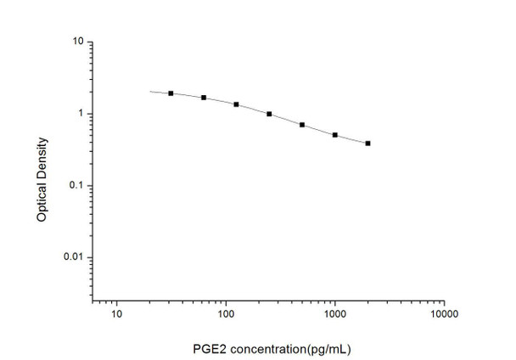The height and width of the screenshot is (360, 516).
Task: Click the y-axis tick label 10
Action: pos(76,42)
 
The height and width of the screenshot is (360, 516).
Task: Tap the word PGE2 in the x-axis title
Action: pos(209,348)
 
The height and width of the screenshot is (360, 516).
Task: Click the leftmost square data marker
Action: pos(171,93)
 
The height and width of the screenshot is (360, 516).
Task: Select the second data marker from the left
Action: pos(204,98)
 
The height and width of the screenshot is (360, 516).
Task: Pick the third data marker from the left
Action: pos(236,104)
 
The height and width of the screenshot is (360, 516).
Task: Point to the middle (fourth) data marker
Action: pos(269,114)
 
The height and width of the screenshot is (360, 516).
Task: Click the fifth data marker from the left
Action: pos(302,125)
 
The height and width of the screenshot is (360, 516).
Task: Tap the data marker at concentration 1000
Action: pos(335,135)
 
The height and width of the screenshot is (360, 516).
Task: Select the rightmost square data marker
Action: pos(367,143)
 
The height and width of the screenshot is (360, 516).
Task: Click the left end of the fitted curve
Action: pos(150,91)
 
